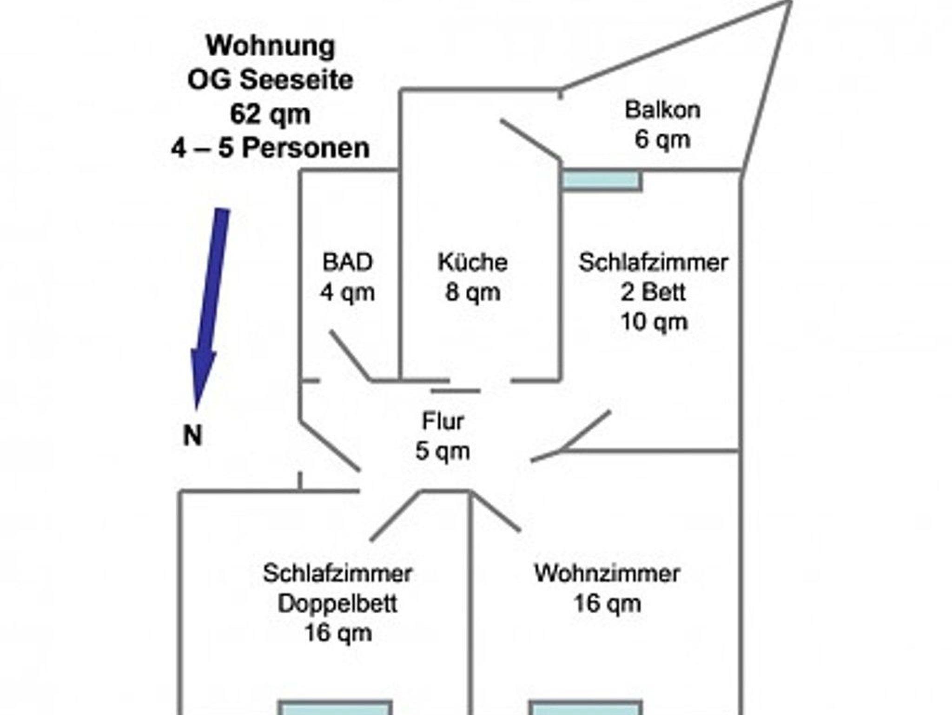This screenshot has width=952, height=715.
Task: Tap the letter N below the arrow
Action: point(193,436)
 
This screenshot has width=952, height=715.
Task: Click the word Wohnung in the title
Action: point(270,46)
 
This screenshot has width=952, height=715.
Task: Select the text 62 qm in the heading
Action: point(270,114)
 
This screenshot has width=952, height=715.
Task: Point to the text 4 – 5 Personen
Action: point(270,148)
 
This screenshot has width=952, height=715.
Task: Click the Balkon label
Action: point(662,110)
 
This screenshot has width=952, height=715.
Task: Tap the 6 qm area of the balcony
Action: point(662,139)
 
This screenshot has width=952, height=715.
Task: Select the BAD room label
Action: point(347,262)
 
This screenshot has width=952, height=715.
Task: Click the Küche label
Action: point(472,262)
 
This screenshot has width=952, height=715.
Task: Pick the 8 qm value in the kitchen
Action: point(472,292)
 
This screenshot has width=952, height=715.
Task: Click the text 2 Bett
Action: point(653,292)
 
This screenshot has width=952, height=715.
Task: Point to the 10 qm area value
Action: point(654,322)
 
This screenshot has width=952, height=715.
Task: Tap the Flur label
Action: point(443,421)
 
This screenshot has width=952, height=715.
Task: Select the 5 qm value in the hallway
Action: point(443,451)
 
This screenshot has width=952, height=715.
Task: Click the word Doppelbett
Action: point(337,603)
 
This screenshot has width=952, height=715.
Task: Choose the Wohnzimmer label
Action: point(607,573)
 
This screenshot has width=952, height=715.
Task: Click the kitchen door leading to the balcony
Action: point(530,139)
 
